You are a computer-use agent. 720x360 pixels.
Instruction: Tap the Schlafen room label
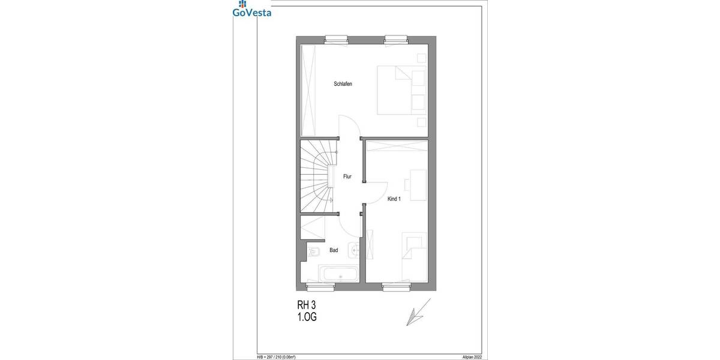pos(343,84)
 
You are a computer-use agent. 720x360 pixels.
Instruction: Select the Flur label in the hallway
pos(347,177)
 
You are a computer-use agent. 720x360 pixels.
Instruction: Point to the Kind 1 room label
pos(394,199)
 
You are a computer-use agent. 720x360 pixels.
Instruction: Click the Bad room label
pos(334,250)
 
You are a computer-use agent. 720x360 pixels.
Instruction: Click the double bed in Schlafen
pos(401,90)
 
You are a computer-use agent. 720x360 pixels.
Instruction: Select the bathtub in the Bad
pos(340,275)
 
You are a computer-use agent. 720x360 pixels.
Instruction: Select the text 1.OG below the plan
pos(307,317)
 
